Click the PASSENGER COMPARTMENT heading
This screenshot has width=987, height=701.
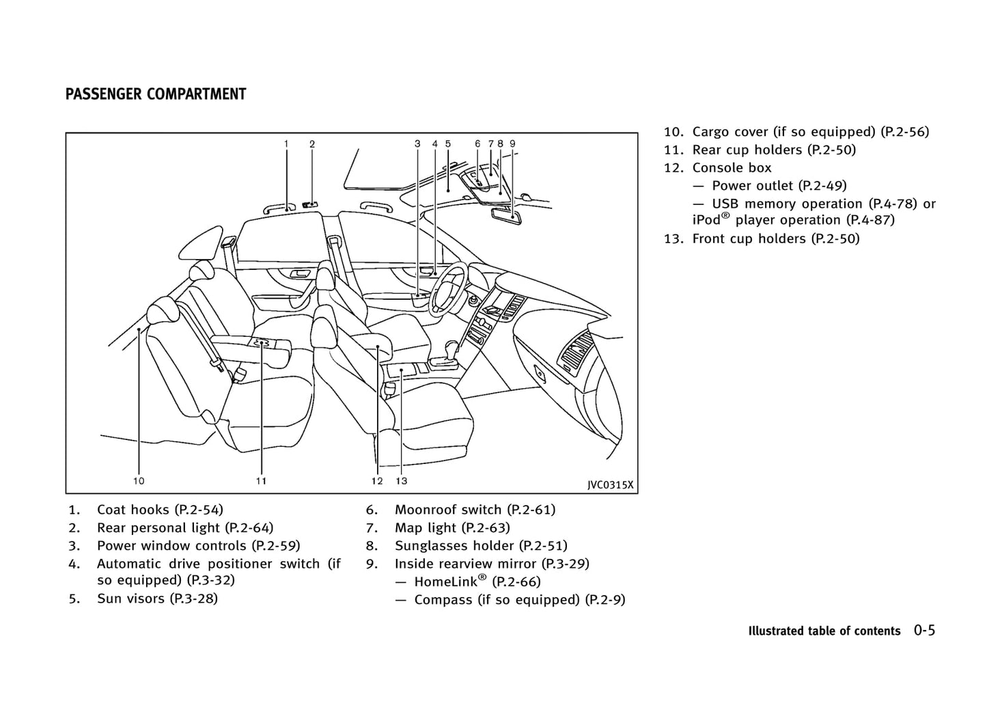click(156, 94)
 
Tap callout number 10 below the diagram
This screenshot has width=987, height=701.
click(139, 481)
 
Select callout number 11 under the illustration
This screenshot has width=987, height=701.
click(261, 481)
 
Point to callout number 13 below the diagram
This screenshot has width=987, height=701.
click(401, 481)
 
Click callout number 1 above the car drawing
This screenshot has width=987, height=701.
click(286, 144)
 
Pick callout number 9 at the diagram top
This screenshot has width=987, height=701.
click(512, 144)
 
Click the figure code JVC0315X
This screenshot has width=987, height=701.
click(610, 485)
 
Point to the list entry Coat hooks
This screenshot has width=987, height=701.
click(160, 510)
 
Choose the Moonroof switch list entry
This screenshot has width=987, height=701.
click(475, 510)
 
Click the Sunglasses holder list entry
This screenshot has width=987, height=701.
click(481, 546)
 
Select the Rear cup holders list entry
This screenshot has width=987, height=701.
click(773, 150)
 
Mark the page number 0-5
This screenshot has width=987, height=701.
click(924, 630)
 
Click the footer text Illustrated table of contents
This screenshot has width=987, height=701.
click(824, 631)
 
